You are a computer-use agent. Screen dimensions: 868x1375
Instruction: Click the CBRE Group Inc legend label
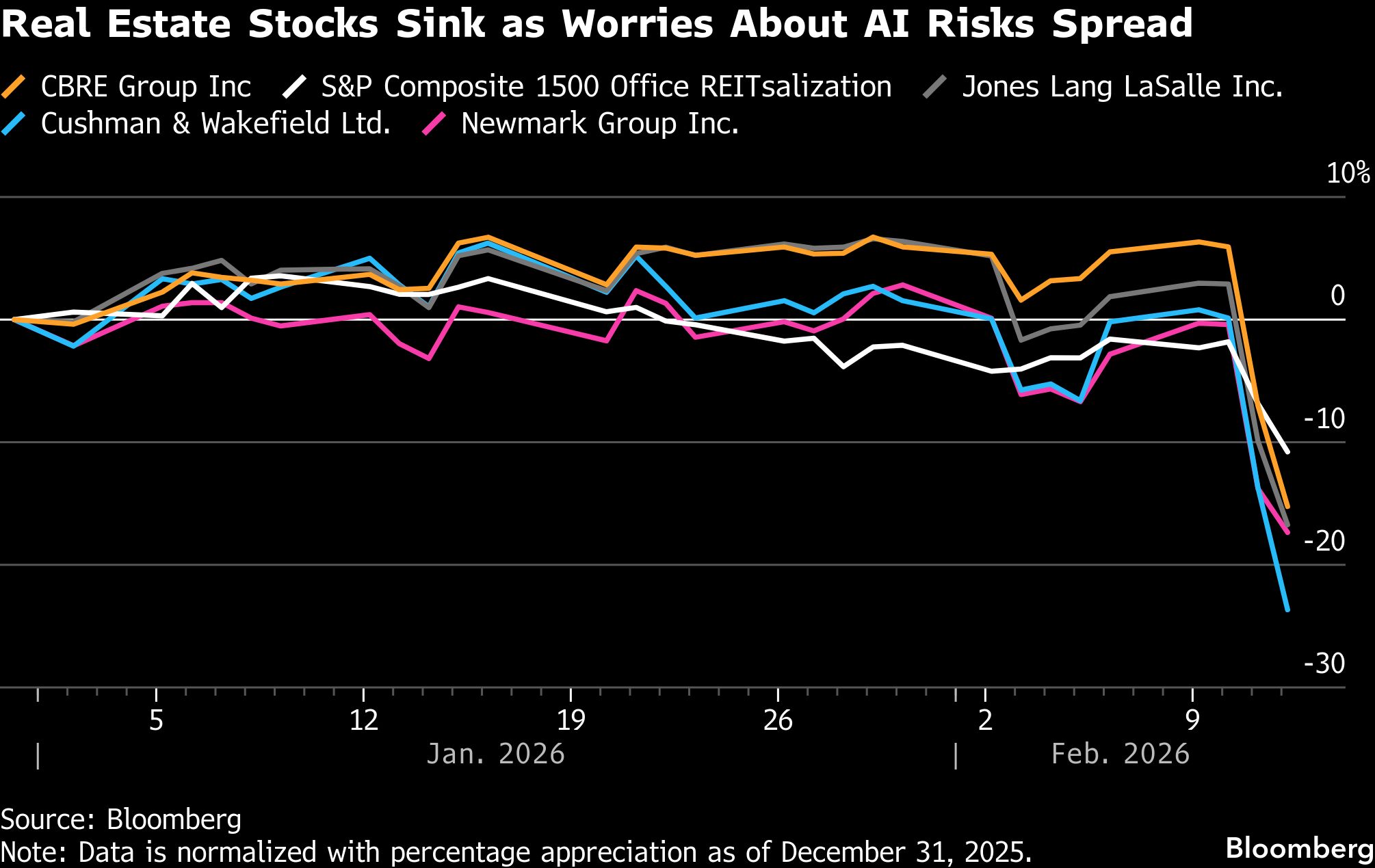pos(146,87)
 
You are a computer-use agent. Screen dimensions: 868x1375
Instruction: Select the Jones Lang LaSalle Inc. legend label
pos(1122,87)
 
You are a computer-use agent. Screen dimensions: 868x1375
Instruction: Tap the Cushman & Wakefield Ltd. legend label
pos(215,124)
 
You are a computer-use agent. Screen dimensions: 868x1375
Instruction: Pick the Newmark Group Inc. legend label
pos(599,124)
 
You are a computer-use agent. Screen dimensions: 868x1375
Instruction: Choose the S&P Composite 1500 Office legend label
pos(606,87)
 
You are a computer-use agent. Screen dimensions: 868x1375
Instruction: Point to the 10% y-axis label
pos(1348,173)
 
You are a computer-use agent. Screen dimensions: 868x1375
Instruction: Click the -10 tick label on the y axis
pos(1324,419)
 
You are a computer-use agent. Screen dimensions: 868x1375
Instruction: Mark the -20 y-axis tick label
pos(1324,541)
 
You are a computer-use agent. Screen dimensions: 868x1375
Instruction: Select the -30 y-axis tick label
pos(1324,663)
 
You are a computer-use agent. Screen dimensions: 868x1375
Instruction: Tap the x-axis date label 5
pos(157,720)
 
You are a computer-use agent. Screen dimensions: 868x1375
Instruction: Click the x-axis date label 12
pos(364,720)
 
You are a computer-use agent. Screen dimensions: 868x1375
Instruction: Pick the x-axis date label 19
pos(571,720)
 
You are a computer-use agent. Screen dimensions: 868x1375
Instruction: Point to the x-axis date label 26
pos(778,720)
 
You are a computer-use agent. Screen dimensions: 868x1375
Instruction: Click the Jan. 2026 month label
pos(495,754)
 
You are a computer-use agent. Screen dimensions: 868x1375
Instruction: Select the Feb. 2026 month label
pos(1120,754)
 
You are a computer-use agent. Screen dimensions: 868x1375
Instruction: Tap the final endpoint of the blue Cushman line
pos(1287,609)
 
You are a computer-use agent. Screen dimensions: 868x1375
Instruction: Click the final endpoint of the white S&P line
pos(1287,451)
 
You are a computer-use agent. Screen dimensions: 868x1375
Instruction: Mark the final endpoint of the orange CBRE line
pos(1287,507)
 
